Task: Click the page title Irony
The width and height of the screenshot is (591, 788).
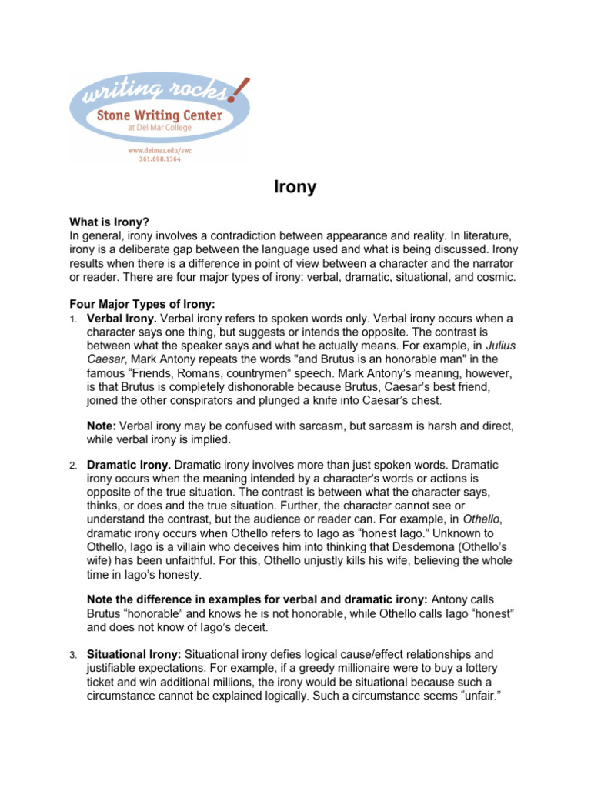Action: tap(295, 187)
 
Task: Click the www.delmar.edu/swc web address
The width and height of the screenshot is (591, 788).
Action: tap(159, 151)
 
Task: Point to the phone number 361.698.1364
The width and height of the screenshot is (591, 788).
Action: tap(159, 160)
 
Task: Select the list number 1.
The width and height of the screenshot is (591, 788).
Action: tap(72, 319)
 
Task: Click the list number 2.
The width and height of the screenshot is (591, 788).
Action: tap(72, 466)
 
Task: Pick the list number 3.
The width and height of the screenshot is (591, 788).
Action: tap(72, 655)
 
